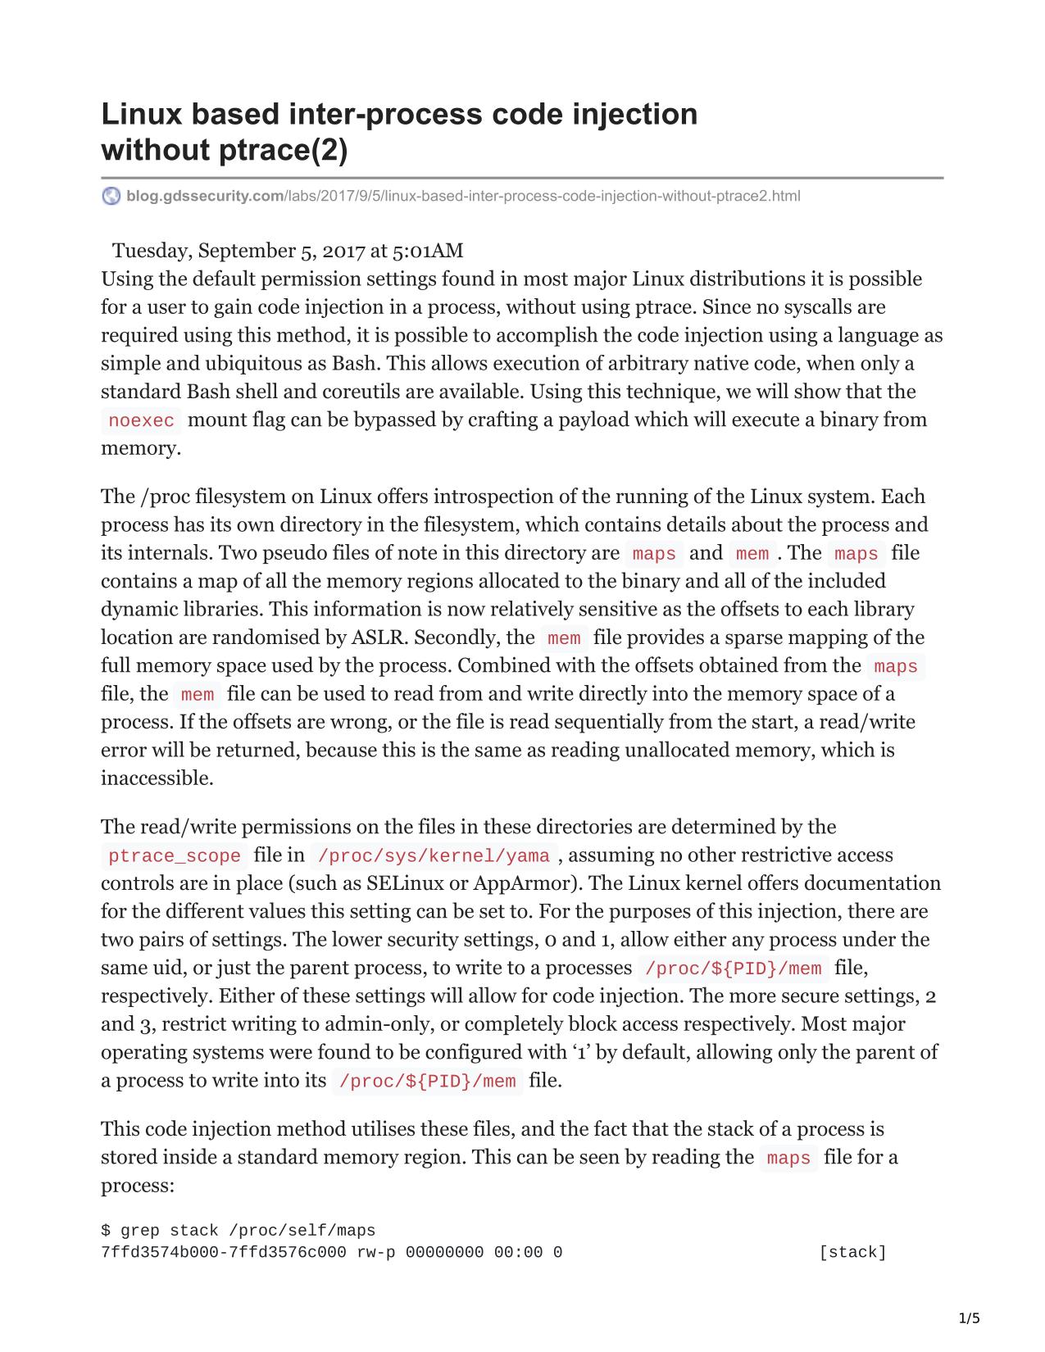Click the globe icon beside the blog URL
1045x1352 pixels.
(111, 196)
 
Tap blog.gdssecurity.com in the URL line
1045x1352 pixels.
(205, 196)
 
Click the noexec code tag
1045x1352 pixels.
(141, 421)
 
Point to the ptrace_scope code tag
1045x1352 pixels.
(175, 856)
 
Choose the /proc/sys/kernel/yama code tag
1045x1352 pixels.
(433, 856)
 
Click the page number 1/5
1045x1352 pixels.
(969, 1318)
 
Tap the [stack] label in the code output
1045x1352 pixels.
(852, 1252)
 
